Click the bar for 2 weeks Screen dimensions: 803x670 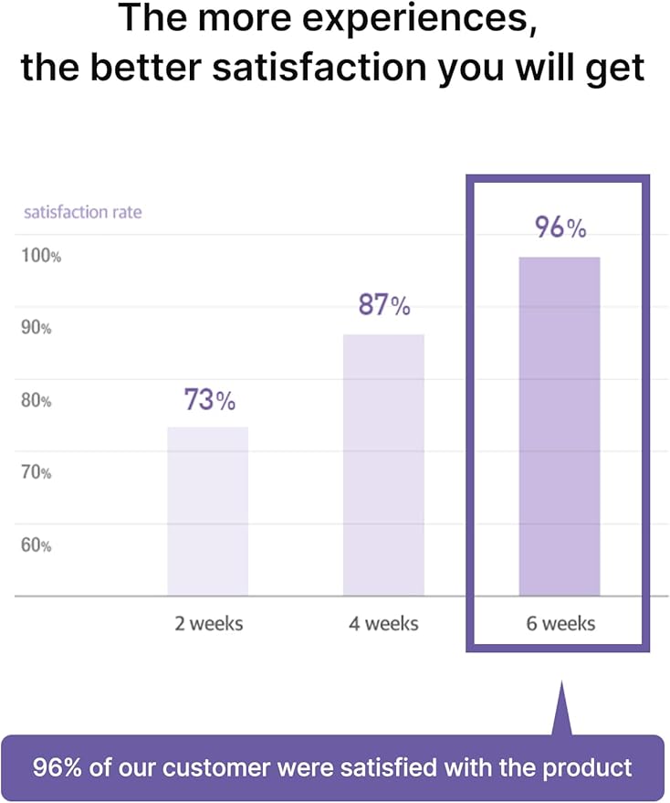pyautogui.click(x=207, y=511)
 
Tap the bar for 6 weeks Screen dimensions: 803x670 pyautogui.click(x=559, y=426)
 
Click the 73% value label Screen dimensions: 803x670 pyautogui.click(x=210, y=400)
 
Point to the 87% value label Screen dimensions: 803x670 pyautogui.click(x=384, y=306)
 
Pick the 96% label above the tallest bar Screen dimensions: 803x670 pyautogui.click(x=560, y=228)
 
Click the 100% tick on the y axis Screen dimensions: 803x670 pyautogui.click(x=41, y=256)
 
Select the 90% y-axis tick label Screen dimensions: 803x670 pyautogui.click(x=37, y=328)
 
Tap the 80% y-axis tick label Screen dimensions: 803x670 pyautogui.click(x=37, y=400)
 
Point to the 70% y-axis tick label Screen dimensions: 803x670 pyautogui.click(x=37, y=472)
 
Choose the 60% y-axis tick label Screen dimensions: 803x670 pyautogui.click(x=37, y=545)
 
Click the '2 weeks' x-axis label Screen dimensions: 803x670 pyautogui.click(x=209, y=624)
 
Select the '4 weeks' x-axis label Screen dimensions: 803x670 pyautogui.click(x=383, y=624)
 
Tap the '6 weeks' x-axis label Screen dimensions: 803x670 pyautogui.click(x=560, y=624)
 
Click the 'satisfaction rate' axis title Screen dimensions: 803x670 pyautogui.click(x=82, y=213)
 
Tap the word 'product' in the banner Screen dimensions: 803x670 pyautogui.click(x=591, y=766)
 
